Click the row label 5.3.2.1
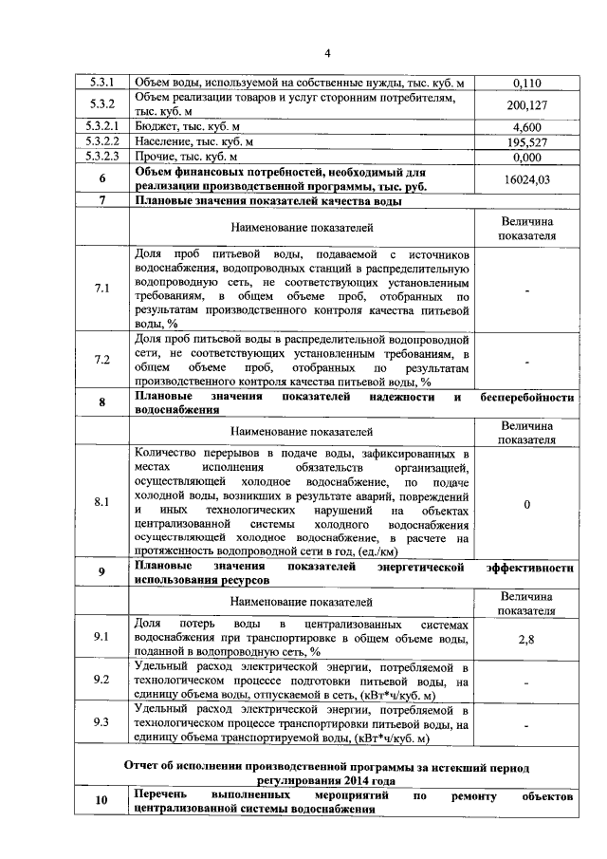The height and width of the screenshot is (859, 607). [x=101, y=126]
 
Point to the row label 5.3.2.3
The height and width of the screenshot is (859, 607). [x=101, y=157]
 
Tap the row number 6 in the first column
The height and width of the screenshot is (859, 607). [x=101, y=178]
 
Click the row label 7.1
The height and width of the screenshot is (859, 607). [x=101, y=288]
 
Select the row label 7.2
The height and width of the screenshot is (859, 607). [x=101, y=360]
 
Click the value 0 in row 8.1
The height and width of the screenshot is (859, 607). [x=525, y=504]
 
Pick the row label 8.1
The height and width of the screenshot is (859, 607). [x=101, y=504]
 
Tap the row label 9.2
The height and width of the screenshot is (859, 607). [x=101, y=680]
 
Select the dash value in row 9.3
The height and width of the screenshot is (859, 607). [x=525, y=723]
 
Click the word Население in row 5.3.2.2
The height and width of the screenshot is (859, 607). [x=162, y=141]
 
